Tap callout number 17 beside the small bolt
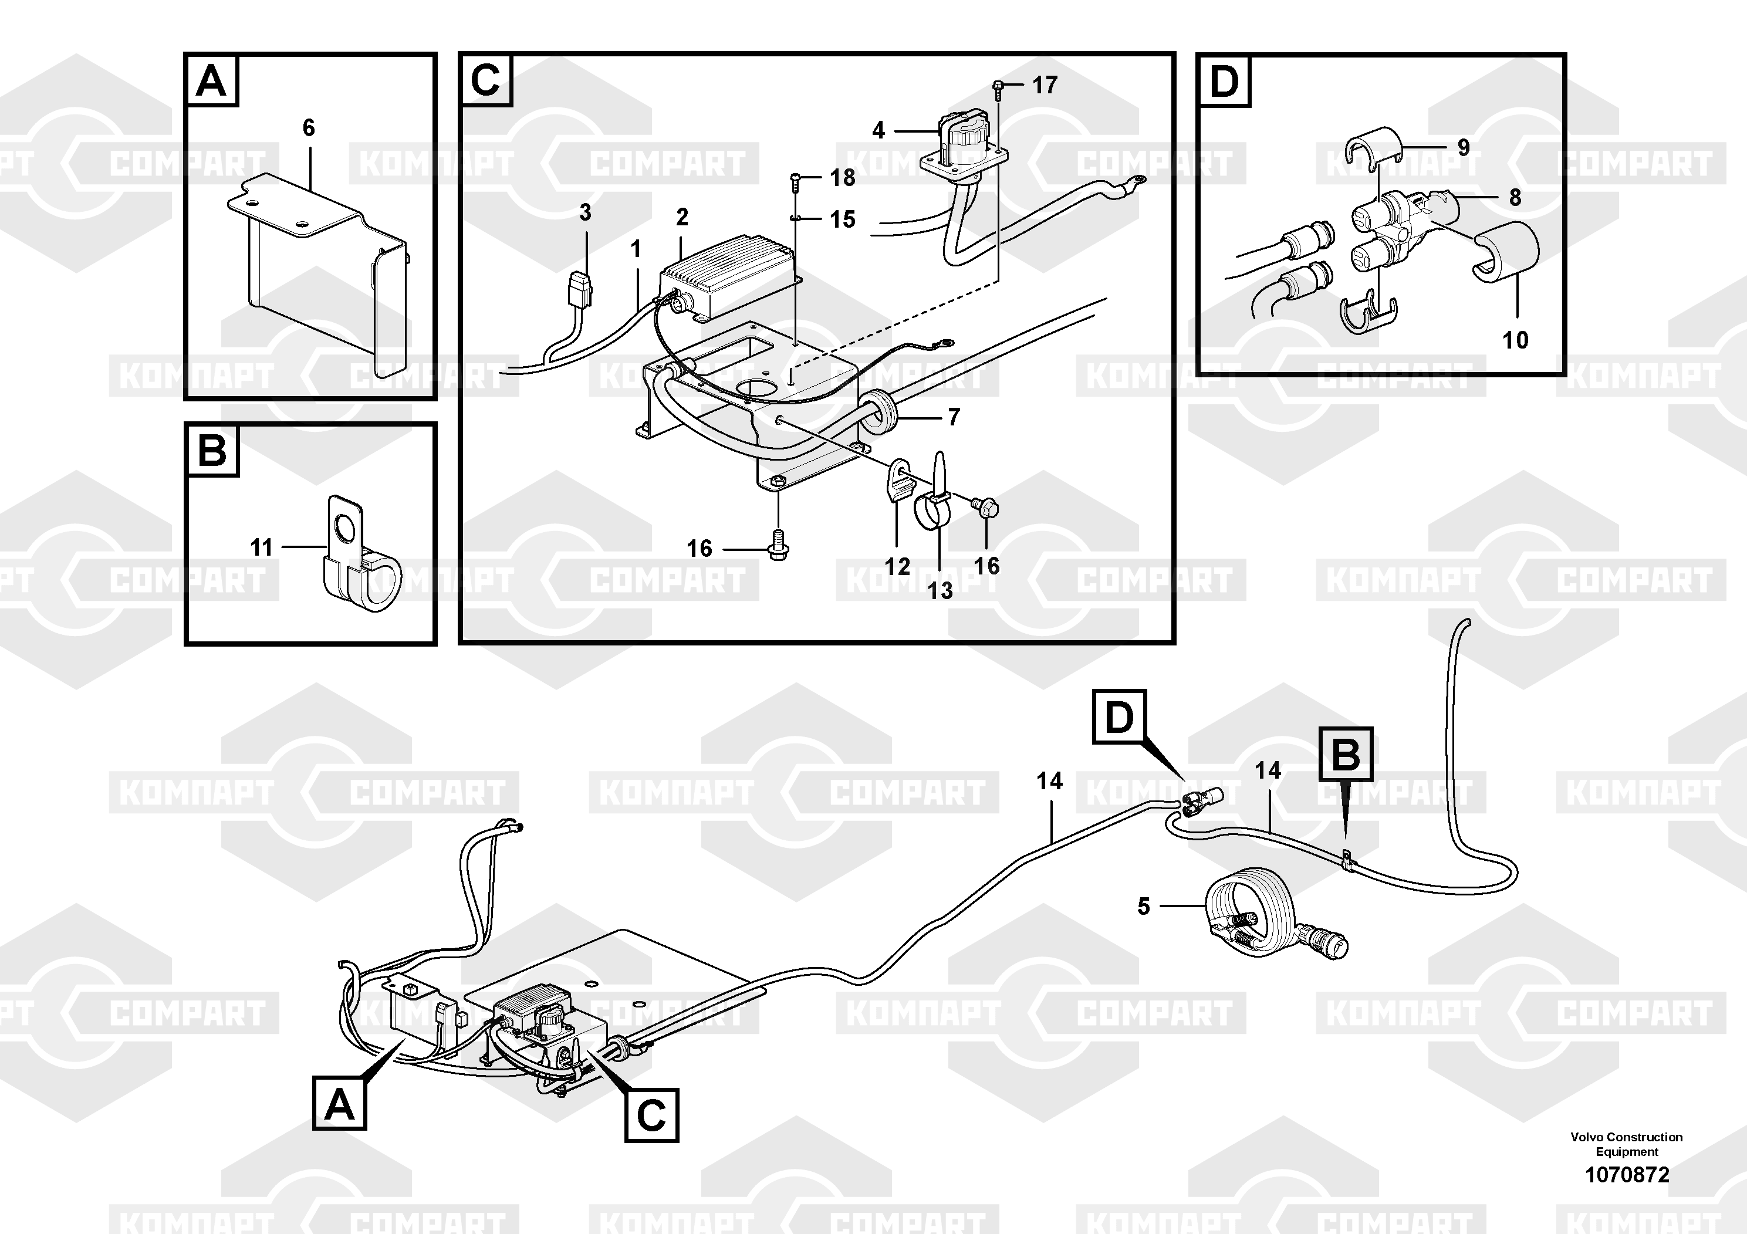1045,84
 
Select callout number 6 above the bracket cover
308,127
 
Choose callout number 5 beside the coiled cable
1144,906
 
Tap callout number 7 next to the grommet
954,417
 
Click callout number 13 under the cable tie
940,590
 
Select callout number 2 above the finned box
682,218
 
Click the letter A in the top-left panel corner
211,80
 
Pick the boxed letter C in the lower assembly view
651,1115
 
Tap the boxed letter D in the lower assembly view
1119,716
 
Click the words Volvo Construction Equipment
1627,1144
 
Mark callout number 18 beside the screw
842,177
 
